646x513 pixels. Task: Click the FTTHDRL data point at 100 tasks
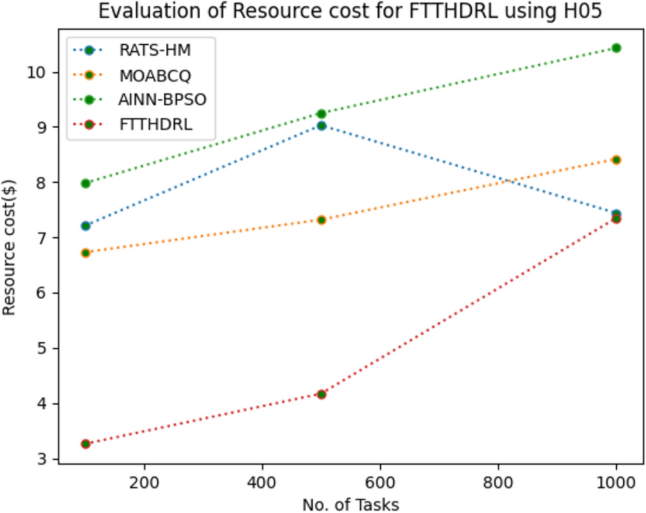click(86, 444)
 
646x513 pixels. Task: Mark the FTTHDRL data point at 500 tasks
click(322, 394)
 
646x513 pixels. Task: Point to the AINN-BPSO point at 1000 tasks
click(616, 48)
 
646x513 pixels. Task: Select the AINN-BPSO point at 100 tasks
click(86, 183)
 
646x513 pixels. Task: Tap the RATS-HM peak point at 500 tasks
click(322, 125)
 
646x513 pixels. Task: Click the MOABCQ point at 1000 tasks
click(616, 159)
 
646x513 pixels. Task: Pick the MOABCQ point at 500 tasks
click(322, 220)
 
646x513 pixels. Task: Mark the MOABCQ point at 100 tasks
click(86, 253)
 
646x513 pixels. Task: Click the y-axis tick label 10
click(41, 73)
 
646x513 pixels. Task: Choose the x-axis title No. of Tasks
click(350, 504)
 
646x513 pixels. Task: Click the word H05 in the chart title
click(582, 12)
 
